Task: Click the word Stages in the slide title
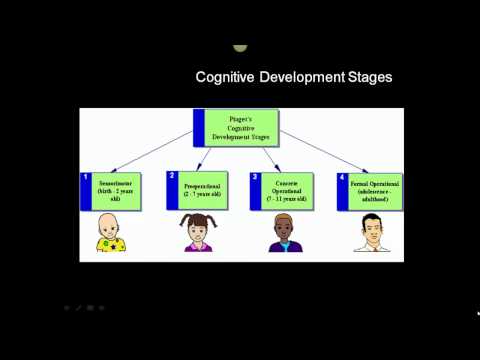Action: click(365, 77)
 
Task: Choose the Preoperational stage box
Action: click(200, 190)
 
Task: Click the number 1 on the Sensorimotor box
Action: click(86, 177)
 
